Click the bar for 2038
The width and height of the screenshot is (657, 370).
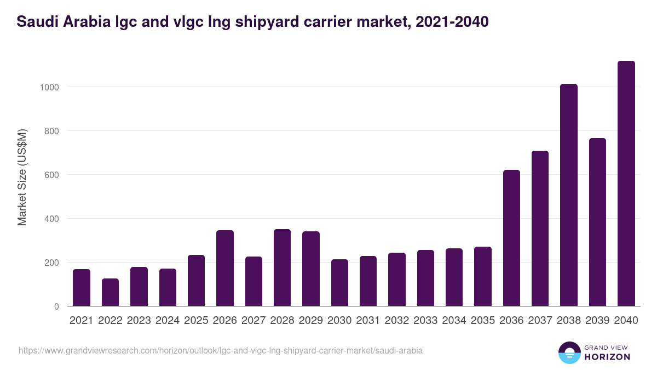[x=568, y=195]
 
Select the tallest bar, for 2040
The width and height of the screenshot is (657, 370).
[x=626, y=184]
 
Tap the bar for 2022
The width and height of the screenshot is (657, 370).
[x=110, y=292]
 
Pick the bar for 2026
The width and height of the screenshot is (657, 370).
[x=225, y=268]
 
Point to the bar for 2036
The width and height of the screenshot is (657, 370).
[x=511, y=238]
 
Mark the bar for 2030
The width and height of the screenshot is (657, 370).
[x=339, y=283]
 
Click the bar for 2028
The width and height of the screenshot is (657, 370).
[x=282, y=267]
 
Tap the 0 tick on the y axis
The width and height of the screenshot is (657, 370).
[x=56, y=306]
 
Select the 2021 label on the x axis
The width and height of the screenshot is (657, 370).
[x=82, y=321]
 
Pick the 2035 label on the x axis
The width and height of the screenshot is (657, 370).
[x=482, y=321]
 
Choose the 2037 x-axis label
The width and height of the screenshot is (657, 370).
[x=540, y=321]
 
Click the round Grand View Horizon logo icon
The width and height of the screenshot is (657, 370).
[x=569, y=352]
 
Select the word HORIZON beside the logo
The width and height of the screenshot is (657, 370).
[x=607, y=357]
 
